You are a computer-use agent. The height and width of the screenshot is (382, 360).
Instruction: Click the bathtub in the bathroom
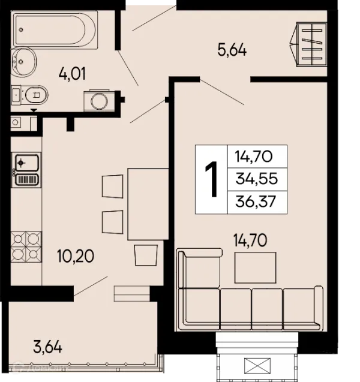[56, 30]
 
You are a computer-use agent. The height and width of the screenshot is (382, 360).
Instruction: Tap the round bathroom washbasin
[23, 62]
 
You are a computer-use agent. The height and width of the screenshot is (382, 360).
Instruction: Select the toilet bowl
[29, 95]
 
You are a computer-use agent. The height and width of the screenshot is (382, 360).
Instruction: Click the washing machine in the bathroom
[99, 100]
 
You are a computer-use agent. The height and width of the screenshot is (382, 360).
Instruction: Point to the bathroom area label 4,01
[72, 74]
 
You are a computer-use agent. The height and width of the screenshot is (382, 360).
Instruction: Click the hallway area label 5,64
[232, 50]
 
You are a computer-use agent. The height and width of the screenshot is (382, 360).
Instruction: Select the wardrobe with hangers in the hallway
[308, 44]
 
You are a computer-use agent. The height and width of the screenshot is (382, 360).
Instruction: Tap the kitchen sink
[26, 170]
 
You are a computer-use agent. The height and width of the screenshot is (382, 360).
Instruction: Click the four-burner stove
[26, 247]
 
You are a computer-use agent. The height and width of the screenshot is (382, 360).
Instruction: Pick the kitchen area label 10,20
[76, 256]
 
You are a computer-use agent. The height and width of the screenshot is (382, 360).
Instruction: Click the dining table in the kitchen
[148, 204]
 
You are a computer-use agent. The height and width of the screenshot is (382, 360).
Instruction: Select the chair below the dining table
[146, 255]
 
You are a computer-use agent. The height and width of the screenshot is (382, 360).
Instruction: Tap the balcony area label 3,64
[47, 347]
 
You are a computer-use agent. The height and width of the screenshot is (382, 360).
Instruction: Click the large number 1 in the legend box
[212, 179]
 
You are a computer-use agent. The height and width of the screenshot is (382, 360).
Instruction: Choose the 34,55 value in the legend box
[257, 178]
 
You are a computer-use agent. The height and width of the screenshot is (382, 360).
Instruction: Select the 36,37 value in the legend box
[256, 201]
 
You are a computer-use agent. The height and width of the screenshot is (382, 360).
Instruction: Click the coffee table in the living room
[255, 267]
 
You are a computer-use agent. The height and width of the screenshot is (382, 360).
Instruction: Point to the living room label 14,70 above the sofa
[250, 240]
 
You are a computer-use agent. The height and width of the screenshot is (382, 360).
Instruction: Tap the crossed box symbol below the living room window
[257, 366]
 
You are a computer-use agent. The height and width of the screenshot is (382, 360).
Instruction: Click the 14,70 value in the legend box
[253, 156]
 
